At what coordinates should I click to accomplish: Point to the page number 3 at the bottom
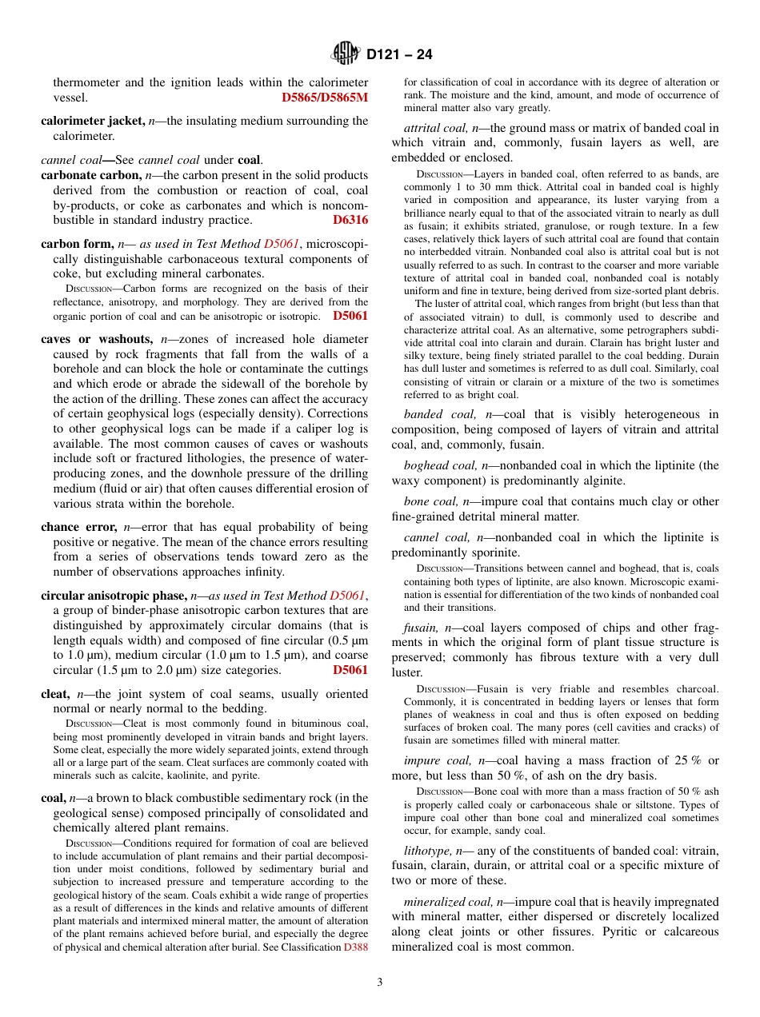380,982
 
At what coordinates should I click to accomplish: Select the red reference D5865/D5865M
325,98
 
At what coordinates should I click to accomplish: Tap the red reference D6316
350,220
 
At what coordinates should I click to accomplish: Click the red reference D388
356,947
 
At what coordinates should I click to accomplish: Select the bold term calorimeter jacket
92,121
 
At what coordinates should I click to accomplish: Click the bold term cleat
55,695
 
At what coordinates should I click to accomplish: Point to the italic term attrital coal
436,128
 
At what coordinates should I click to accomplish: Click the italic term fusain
421,628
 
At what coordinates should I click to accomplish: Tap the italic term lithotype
428,850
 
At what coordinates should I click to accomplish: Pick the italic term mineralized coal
448,901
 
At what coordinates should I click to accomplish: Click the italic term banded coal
437,414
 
